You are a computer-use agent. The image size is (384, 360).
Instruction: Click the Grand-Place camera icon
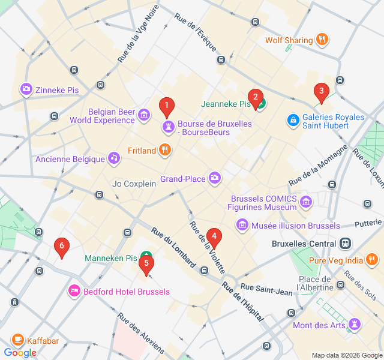click(x=215, y=178)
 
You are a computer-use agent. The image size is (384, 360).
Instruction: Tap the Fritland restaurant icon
click(x=165, y=150)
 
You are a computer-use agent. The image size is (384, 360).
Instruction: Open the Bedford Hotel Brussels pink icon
click(x=75, y=291)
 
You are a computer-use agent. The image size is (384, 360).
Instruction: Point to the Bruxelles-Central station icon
click(x=345, y=244)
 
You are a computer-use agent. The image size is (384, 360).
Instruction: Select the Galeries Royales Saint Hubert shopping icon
click(x=293, y=121)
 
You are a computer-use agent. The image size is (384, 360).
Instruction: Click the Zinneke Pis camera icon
click(x=26, y=89)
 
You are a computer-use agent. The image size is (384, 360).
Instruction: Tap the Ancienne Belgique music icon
click(x=113, y=158)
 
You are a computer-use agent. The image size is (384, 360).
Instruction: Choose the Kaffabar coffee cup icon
click(x=17, y=340)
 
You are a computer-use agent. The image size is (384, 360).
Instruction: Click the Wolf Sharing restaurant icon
click(x=322, y=40)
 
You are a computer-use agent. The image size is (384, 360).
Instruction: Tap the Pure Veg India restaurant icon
click(x=372, y=260)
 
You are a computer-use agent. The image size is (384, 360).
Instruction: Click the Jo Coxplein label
click(x=134, y=184)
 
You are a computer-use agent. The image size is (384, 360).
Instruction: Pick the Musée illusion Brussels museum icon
click(x=242, y=225)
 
